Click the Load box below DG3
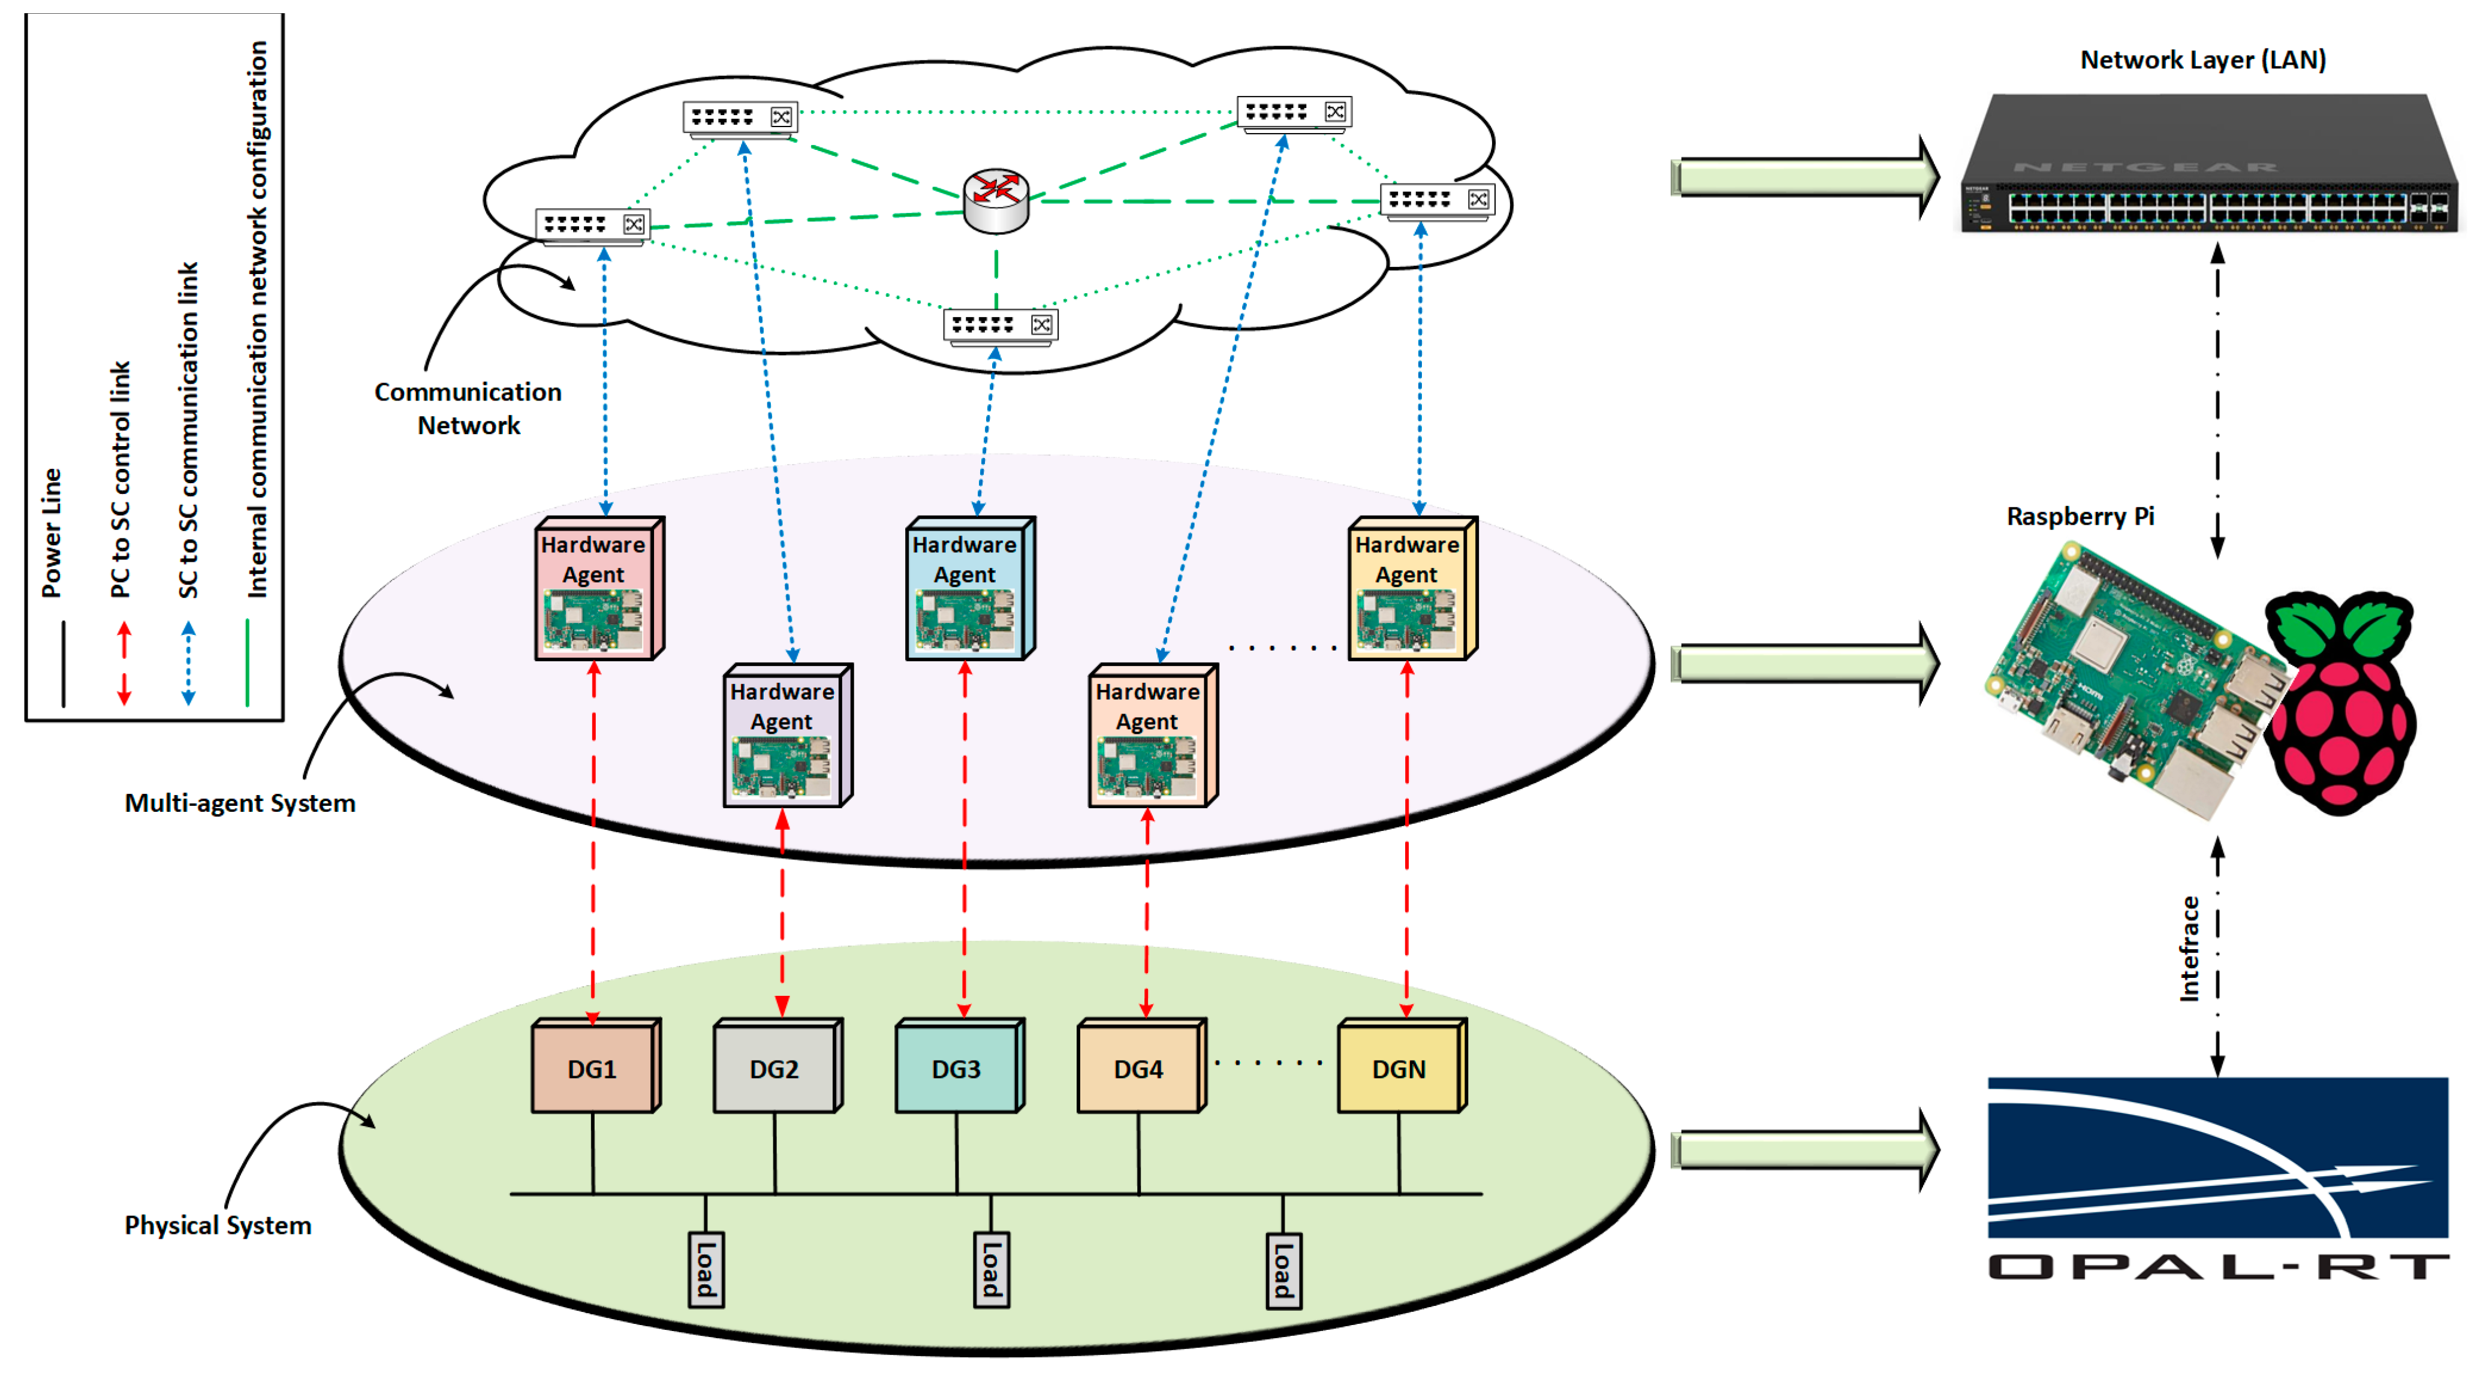tap(991, 1269)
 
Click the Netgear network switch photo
tap(2206, 165)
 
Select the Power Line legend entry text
tap(52, 532)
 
